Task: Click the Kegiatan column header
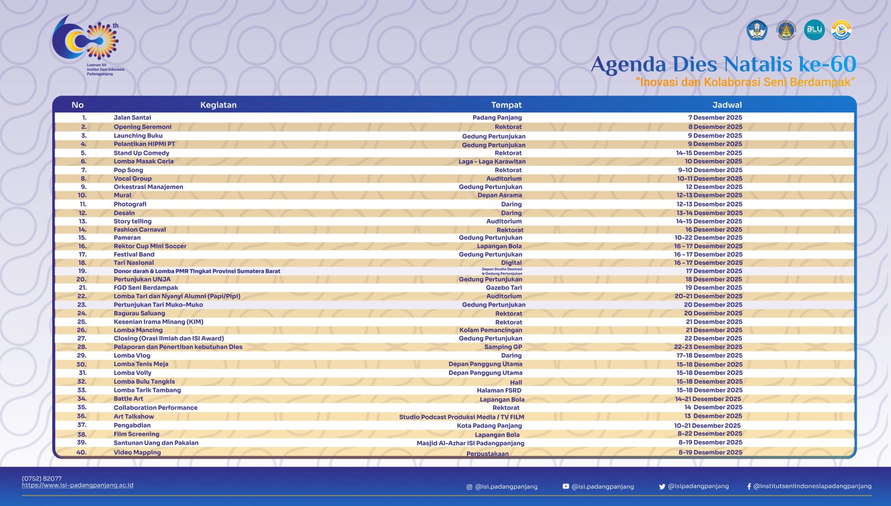click(x=218, y=105)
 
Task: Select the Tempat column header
click(x=506, y=105)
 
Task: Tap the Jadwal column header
click(x=727, y=105)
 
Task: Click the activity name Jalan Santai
click(x=132, y=118)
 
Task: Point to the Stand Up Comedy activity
click(x=142, y=153)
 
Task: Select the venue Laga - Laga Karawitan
click(x=492, y=162)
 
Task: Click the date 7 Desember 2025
click(x=715, y=118)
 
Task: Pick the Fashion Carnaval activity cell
click(x=140, y=230)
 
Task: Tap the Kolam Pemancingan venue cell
click(x=491, y=330)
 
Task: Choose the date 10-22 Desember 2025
click(x=708, y=238)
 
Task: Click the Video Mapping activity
click(x=137, y=453)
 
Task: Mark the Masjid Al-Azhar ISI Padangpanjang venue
click(x=470, y=443)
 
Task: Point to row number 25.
click(x=82, y=322)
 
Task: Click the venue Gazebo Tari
click(x=504, y=287)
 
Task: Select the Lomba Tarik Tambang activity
click(x=147, y=390)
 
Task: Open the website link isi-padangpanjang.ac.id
click(x=78, y=485)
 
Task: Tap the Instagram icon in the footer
click(x=469, y=487)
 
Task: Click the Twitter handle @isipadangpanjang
click(x=698, y=486)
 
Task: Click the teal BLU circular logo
click(x=814, y=30)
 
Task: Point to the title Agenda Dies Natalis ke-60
click(x=723, y=64)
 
